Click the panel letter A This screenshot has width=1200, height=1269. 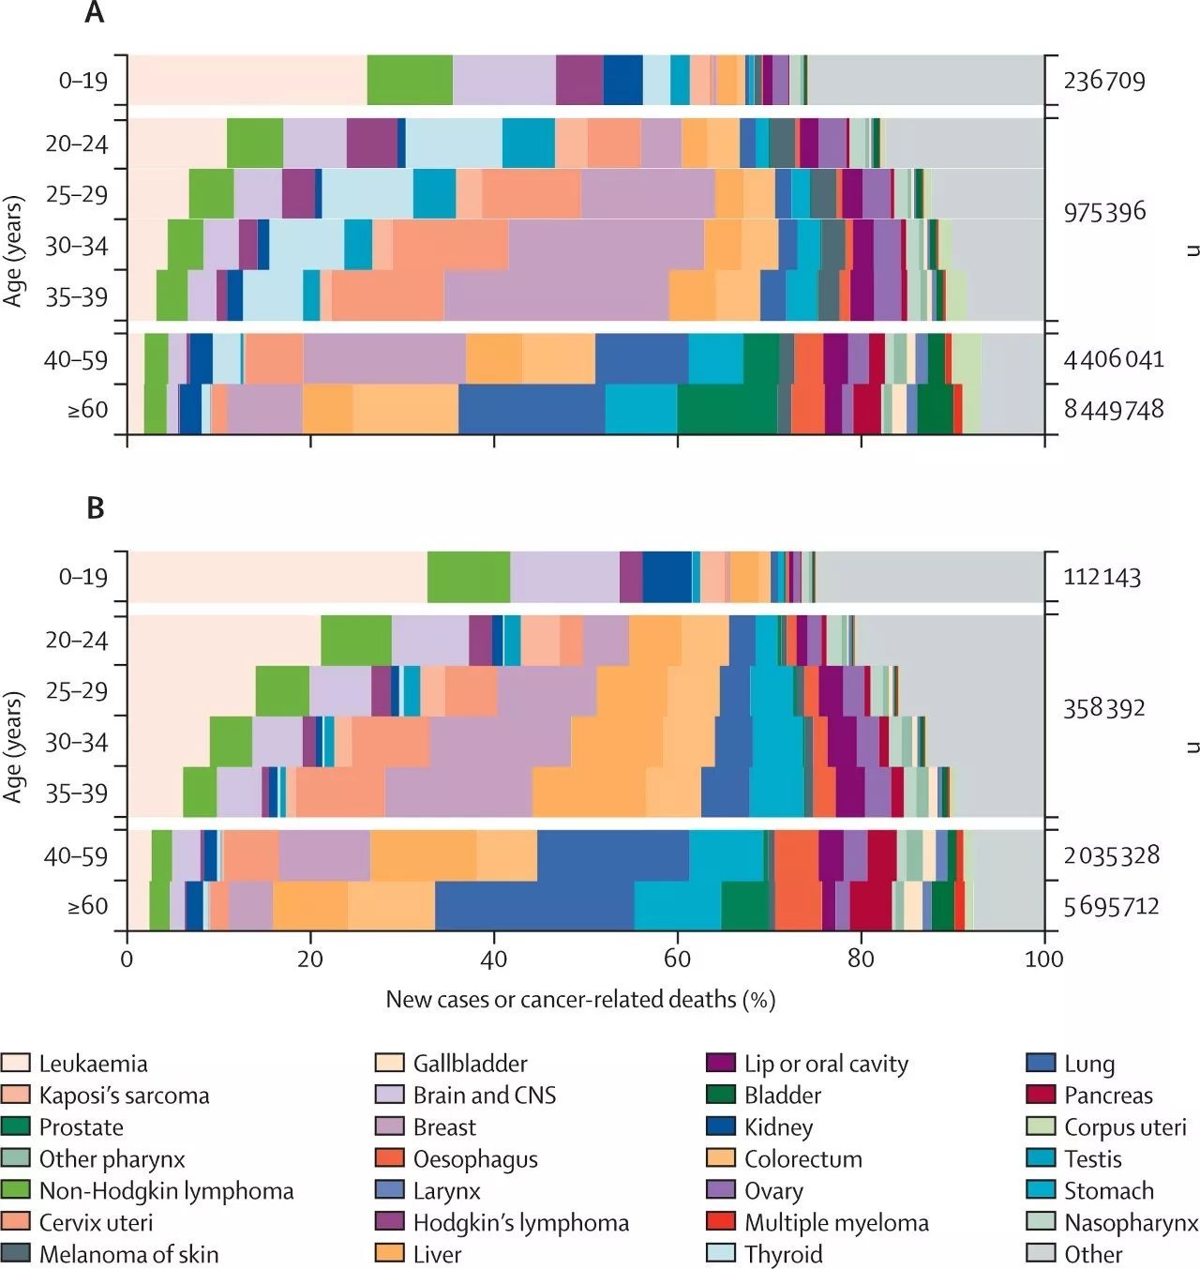[x=94, y=13]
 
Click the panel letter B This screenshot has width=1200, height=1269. [x=95, y=507]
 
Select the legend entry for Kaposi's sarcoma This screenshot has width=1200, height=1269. [x=124, y=1095]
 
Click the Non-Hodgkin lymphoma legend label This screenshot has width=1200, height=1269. [x=166, y=1191]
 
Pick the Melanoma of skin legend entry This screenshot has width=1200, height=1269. [x=128, y=1254]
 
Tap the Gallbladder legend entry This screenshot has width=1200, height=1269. [x=470, y=1064]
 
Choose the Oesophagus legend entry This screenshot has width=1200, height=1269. [x=475, y=1159]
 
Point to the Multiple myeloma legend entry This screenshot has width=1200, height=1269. [x=836, y=1223]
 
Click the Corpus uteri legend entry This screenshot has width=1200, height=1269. [x=1125, y=1127]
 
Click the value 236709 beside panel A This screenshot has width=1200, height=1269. [x=1104, y=81]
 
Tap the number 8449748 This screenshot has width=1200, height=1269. [x=1114, y=410]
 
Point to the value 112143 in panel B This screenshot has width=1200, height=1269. [x=1102, y=577]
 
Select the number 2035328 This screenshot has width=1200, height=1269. [x=1112, y=855]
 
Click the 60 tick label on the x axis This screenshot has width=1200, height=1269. [x=677, y=959]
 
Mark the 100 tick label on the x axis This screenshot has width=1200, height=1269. [x=1044, y=959]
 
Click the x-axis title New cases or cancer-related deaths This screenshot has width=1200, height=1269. [x=580, y=1000]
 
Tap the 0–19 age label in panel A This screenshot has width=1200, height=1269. [x=83, y=81]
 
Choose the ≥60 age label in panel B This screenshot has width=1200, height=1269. [x=87, y=906]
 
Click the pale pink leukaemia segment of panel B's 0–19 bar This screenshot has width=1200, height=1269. [x=277, y=576]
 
